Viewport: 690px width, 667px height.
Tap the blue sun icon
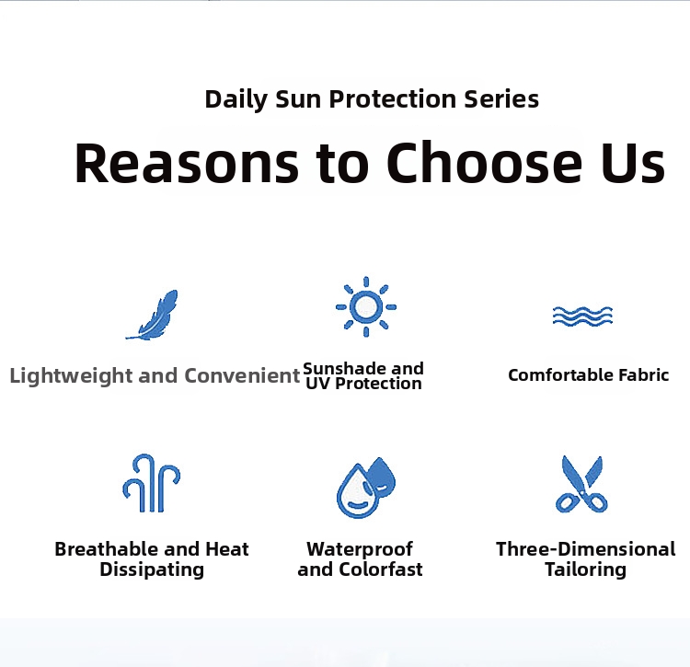(365, 306)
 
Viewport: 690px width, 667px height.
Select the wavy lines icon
(582, 316)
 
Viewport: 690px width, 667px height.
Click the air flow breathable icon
(152, 483)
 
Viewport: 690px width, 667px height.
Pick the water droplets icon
(366, 487)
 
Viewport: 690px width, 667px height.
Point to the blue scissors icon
(581, 484)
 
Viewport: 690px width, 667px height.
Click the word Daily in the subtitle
(236, 99)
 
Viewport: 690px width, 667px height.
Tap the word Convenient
(242, 375)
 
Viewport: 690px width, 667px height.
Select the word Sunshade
(339, 368)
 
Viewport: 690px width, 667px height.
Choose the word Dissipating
(152, 569)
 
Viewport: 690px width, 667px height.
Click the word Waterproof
(360, 549)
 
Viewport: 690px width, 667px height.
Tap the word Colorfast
(381, 569)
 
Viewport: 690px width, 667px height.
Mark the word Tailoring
(586, 569)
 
